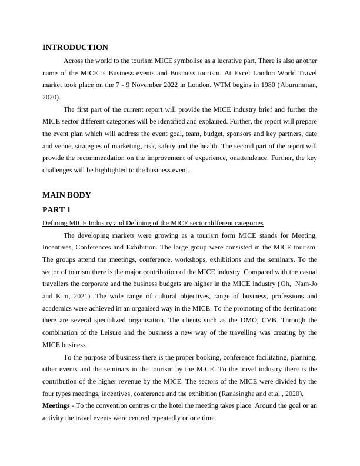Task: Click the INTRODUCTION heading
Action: pyautogui.click(x=75, y=48)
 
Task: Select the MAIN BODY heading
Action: pyautogui.click(x=66, y=195)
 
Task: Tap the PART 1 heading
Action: pyautogui.click(x=58, y=209)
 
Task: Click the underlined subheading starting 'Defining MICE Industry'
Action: pyautogui.click(x=152, y=223)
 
